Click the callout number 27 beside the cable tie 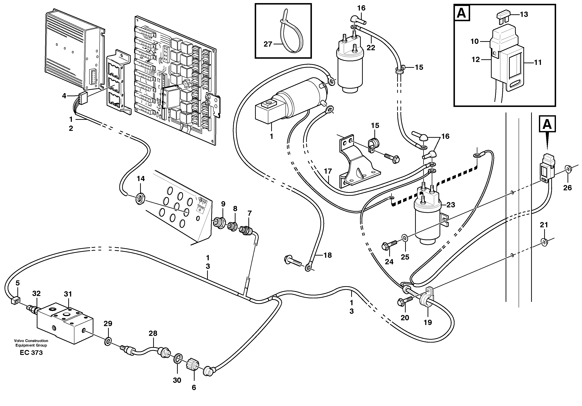[x=268, y=44]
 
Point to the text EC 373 [x=31, y=353]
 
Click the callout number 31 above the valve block [x=68, y=294]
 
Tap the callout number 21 [x=544, y=225]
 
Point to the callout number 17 [x=328, y=171]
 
